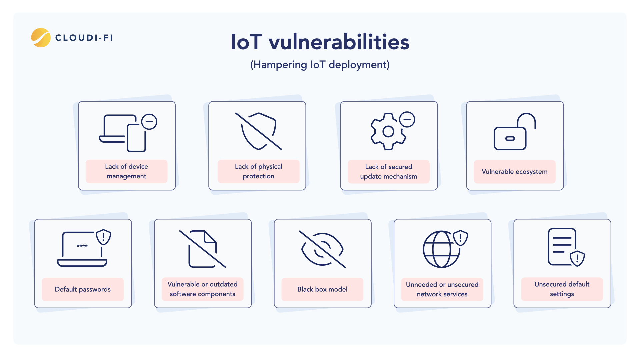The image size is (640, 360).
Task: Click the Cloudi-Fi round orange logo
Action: pos(41,38)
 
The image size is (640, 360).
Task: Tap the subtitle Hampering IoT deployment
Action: pos(320,65)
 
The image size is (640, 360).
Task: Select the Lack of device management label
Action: pos(127,171)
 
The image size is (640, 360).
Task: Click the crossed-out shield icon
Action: pos(259,131)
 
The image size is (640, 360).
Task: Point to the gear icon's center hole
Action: pos(388,132)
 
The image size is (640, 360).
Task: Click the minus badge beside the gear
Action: pos(407,119)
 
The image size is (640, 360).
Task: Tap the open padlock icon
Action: pos(515,132)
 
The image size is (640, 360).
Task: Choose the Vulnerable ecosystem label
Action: pos(515,172)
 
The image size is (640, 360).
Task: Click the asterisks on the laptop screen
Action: pos(82,246)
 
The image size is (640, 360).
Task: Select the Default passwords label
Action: pos(83,289)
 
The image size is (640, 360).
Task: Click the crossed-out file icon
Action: pos(203,249)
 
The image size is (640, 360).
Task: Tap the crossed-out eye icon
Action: pos(322,249)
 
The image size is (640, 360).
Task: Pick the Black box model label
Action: pos(322,289)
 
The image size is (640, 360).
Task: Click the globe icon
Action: pos(441,249)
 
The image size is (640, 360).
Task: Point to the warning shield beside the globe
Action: pos(461,238)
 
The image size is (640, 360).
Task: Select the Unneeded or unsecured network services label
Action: pos(442,289)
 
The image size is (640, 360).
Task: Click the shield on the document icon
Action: pos(577,258)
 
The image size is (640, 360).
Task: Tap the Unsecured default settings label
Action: pos(562,289)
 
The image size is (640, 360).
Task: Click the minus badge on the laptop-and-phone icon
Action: pos(149,122)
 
